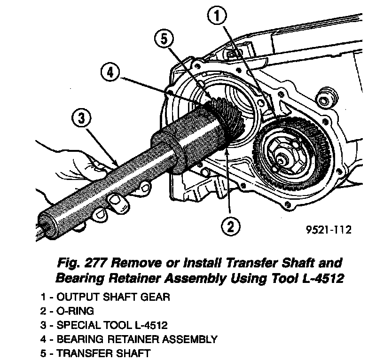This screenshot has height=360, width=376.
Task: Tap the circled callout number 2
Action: click(229, 227)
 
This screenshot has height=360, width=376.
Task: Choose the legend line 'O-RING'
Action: click(75, 311)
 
